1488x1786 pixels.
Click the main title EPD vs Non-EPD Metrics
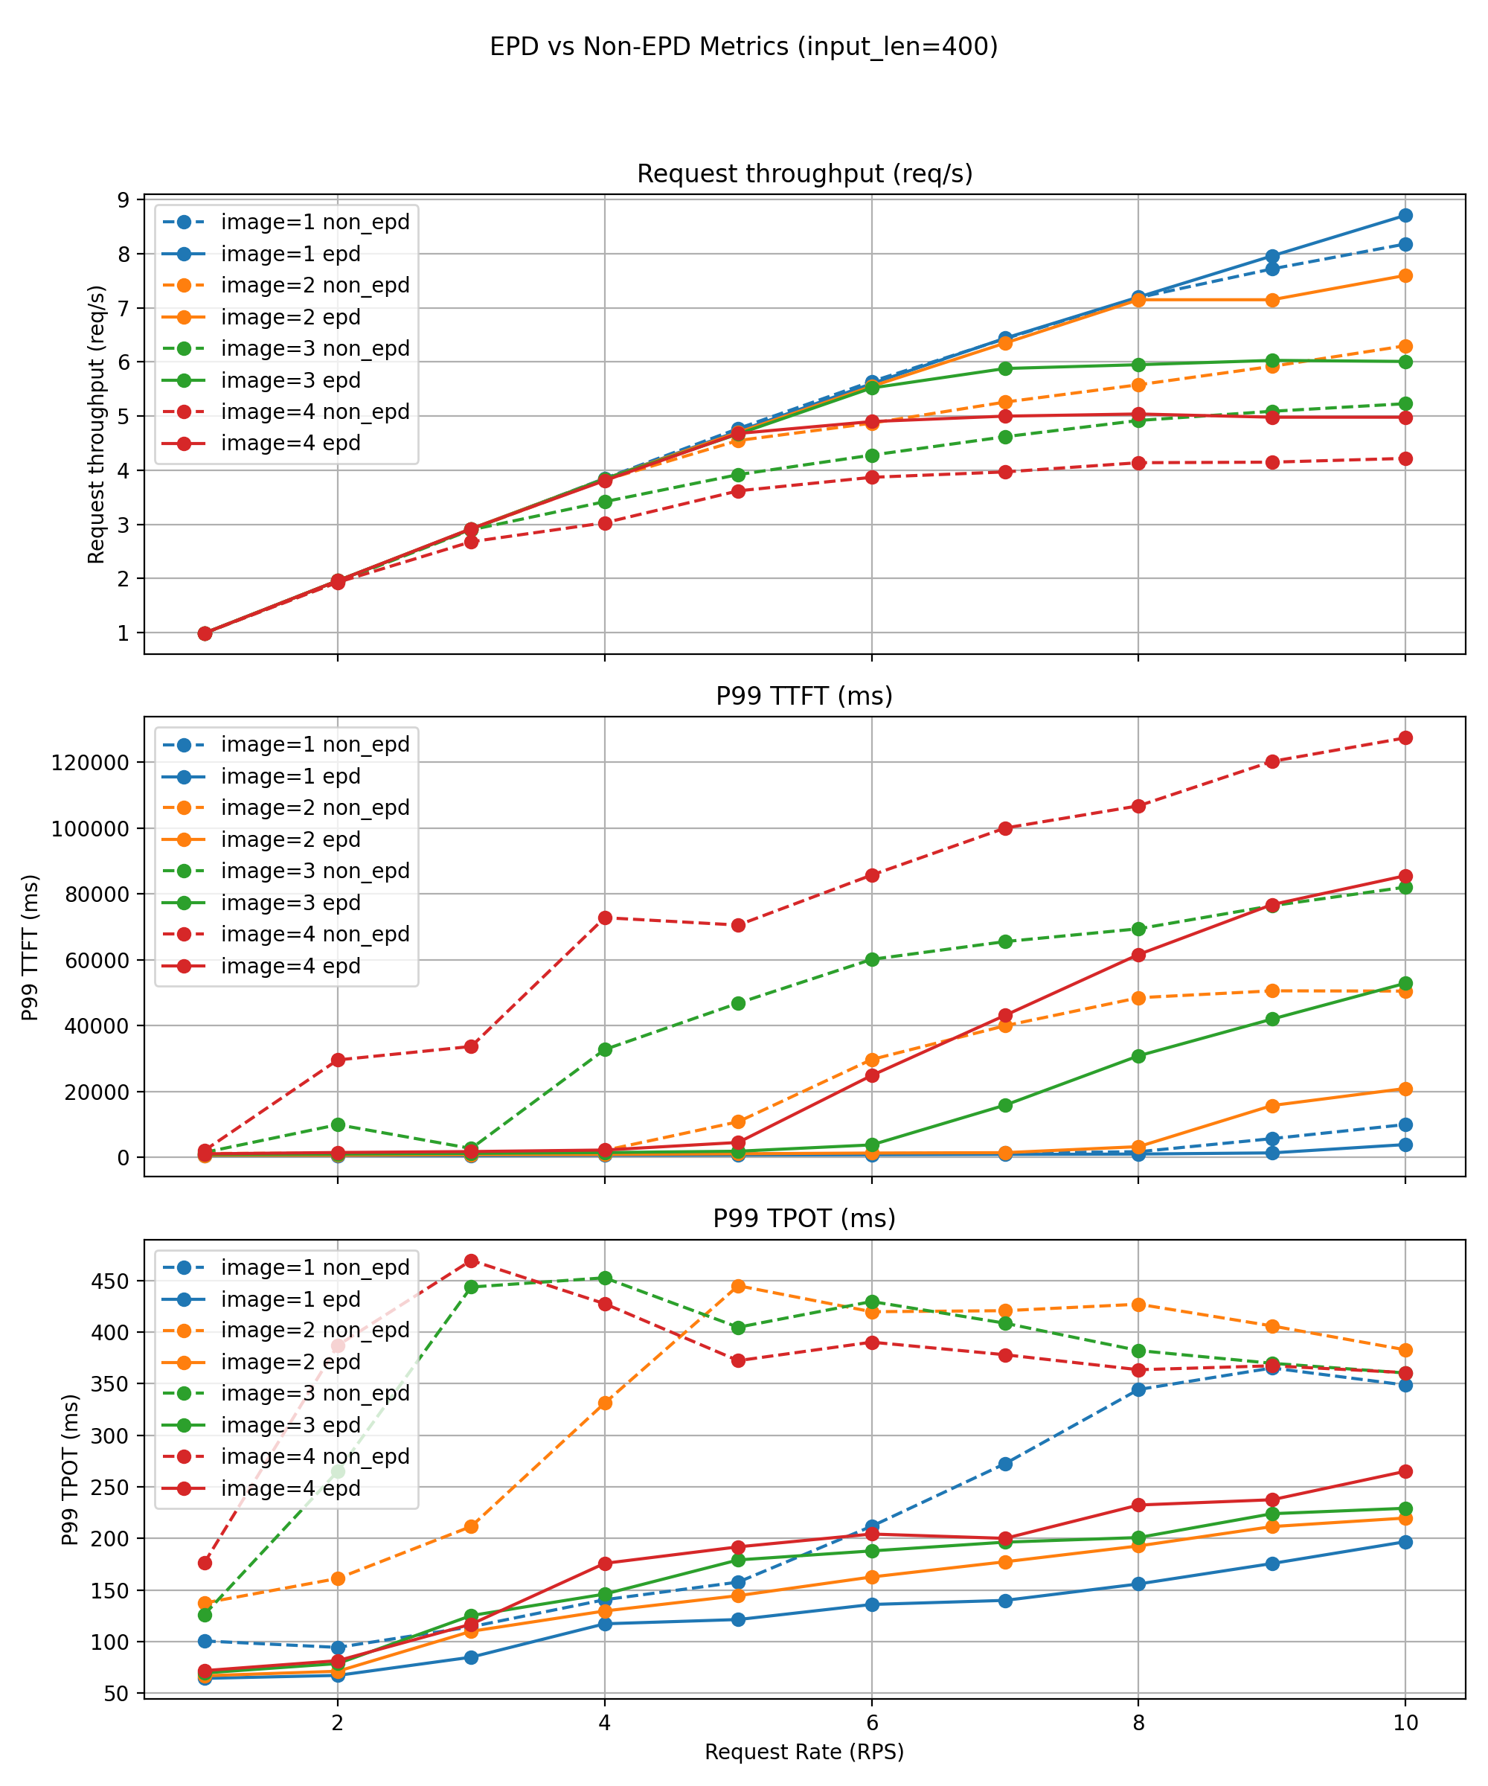[x=743, y=46]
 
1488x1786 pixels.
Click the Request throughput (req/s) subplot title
[x=804, y=173]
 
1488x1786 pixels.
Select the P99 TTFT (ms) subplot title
[x=804, y=696]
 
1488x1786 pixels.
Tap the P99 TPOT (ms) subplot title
[x=804, y=1218]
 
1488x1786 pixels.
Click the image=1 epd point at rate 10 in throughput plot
[x=1405, y=215]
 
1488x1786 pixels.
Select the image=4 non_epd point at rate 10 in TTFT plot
[x=1405, y=737]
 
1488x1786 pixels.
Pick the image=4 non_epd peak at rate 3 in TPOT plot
[x=471, y=1261]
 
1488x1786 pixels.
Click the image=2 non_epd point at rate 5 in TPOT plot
[x=738, y=1286]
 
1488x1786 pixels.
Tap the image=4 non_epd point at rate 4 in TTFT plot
[x=605, y=918]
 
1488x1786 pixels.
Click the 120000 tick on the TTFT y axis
[x=90, y=763]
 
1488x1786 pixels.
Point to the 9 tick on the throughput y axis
[x=124, y=200]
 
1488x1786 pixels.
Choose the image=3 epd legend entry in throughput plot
[x=290, y=380]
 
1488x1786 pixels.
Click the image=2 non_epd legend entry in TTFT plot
[x=315, y=808]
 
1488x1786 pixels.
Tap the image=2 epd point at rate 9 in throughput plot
[x=1272, y=300]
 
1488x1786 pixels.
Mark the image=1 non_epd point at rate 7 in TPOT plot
[x=1005, y=1464]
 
